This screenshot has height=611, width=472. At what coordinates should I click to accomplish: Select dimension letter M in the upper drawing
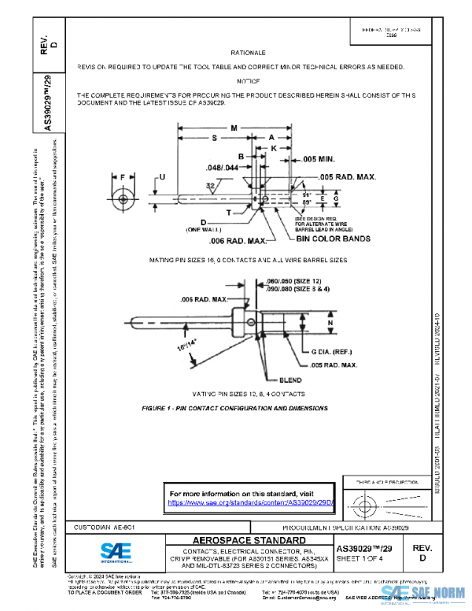coord(234,128)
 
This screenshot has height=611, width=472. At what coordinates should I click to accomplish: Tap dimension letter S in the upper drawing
coord(215,138)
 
